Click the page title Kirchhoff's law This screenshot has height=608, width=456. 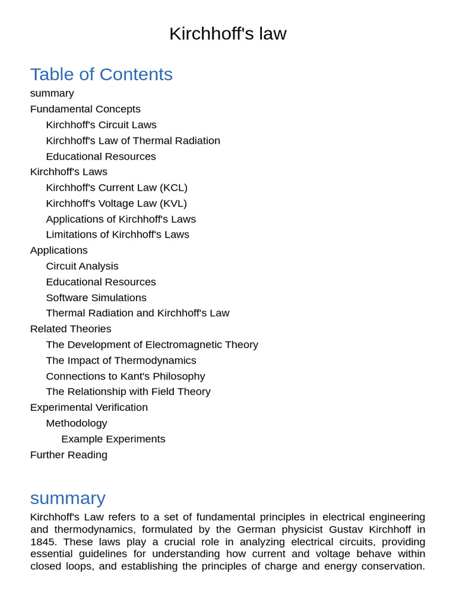[227, 34]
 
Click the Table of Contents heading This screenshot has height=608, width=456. [102, 74]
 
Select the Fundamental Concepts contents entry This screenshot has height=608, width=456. [85, 109]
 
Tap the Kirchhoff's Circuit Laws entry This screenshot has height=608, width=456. [101, 125]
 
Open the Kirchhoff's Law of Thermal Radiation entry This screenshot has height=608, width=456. [133, 141]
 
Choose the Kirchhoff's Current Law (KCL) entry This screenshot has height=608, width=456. [116, 188]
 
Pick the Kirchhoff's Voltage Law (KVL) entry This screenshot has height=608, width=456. [116, 203]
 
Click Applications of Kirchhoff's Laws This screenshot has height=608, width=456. [121, 219]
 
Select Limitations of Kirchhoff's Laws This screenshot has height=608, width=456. [118, 235]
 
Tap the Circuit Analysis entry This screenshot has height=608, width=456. [82, 266]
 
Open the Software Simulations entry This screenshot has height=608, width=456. [96, 297]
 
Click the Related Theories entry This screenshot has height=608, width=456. [71, 329]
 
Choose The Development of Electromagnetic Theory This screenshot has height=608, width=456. [152, 344]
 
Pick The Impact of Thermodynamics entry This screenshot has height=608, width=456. [121, 360]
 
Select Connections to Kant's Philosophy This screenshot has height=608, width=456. [125, 376]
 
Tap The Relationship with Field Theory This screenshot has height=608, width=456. [128, 392]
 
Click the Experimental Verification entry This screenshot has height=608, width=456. [89, 407]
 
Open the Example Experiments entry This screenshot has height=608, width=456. [113, 439]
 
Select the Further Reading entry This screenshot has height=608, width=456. [69, 455]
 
